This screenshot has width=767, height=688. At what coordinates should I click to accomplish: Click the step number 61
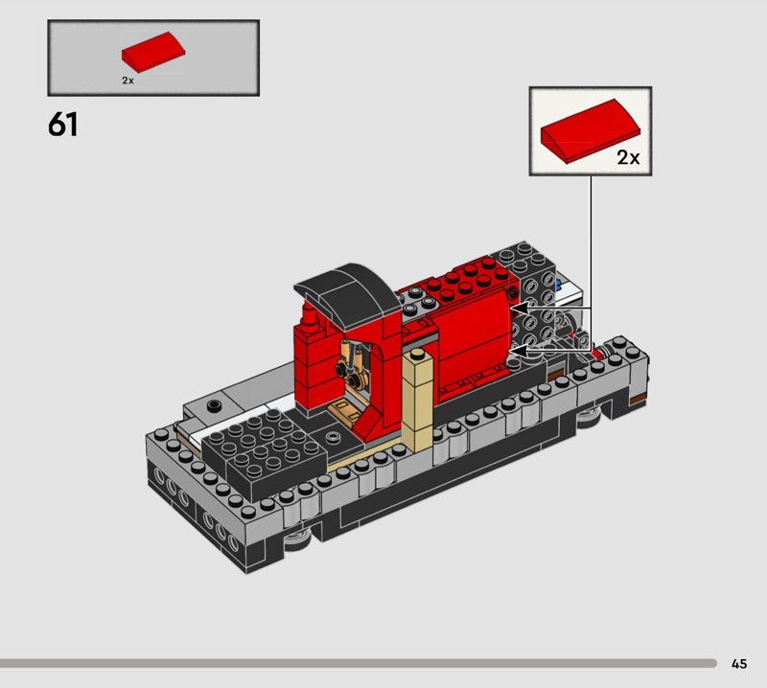(62, 125)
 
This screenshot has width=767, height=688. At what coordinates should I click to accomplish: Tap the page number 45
(739, 663)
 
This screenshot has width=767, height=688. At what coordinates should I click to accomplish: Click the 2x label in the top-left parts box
(128, 80)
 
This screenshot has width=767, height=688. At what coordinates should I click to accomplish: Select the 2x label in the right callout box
(628, 157)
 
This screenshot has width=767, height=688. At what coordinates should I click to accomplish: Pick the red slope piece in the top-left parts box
(153, 52)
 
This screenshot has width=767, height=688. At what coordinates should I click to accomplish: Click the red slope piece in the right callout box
(590, 130)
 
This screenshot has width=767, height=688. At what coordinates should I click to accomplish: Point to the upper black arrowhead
(519, 309)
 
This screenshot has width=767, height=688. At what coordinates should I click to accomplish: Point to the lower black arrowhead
(519, 351)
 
